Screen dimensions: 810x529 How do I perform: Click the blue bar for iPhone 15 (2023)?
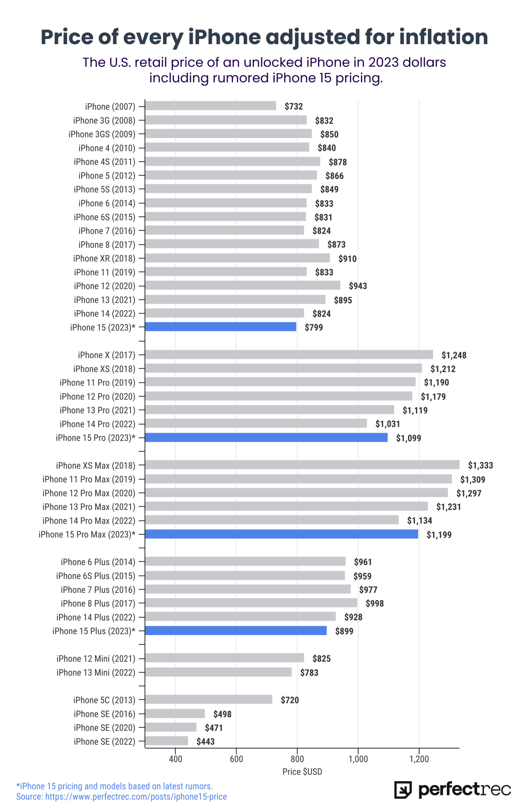221,327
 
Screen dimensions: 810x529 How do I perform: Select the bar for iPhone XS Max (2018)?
302,465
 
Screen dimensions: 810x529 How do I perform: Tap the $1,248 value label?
454,355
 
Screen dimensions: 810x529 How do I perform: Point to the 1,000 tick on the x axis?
358,759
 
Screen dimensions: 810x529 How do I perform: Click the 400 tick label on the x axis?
175,759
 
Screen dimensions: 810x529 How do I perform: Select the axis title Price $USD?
302,772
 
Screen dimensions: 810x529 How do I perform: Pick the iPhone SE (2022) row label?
105,742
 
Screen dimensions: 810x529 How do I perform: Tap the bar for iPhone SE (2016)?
175,714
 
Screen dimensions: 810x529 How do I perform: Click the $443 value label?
206,742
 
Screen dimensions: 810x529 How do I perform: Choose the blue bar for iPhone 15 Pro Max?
282,534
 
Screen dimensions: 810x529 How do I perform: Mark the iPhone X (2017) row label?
107,355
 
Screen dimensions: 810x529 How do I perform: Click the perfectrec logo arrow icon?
403,790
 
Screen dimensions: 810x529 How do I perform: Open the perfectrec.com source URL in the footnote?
136,797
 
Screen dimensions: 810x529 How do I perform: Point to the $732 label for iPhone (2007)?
294,107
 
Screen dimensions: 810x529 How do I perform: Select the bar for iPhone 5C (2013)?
209,699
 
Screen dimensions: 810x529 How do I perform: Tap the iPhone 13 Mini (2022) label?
96,672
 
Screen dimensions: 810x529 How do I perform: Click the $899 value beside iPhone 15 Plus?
344,631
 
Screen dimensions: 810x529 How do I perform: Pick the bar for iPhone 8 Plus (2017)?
251,603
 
